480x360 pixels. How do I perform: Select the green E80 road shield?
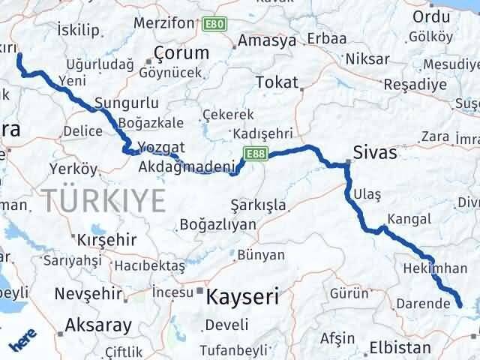tap(213, 25)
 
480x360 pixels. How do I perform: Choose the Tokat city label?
tap(277, 82)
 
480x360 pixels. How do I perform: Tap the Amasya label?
tap(268, 40)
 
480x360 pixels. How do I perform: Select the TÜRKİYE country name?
tap(103, 200)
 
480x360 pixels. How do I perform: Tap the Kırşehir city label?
tap(106, 239)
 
